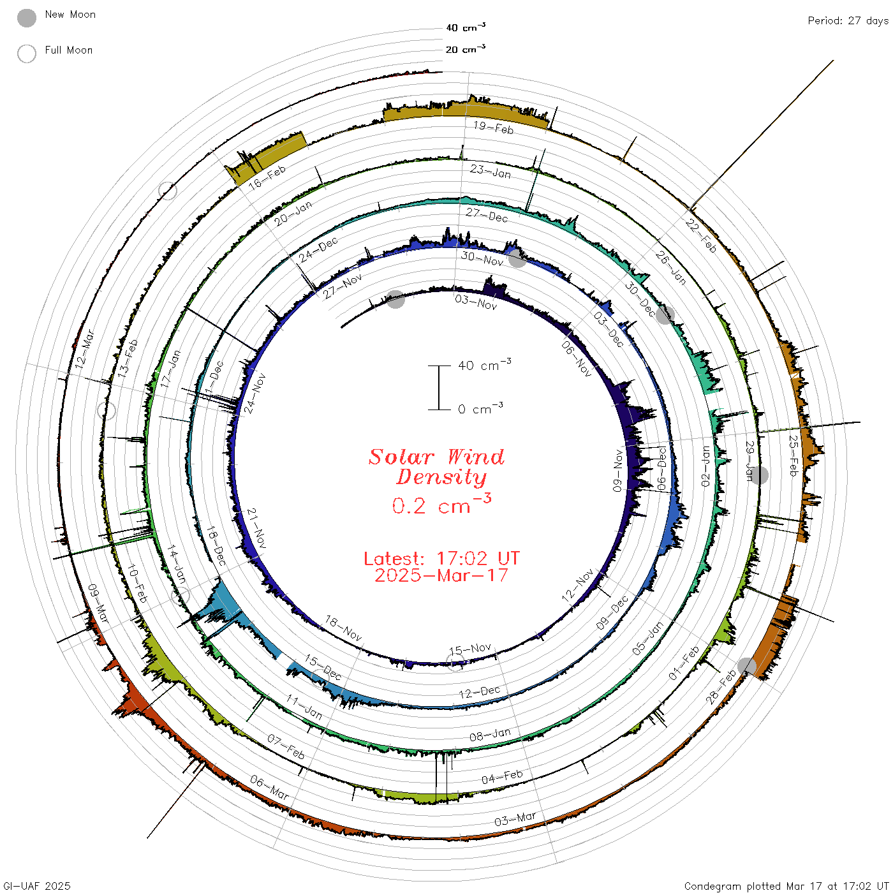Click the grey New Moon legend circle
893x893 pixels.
[26, 18]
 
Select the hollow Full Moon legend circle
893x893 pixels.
[26, 54]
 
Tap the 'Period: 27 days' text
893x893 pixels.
[848, 21]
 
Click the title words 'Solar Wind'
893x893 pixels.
[436, 457]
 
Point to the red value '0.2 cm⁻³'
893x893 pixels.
[441, 504]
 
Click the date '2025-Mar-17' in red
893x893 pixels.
[441, 575]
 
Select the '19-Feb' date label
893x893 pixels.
[494, 128]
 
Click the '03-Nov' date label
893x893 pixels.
[476, 302]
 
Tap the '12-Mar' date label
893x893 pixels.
[85, 349]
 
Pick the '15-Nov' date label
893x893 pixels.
[470, 649]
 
